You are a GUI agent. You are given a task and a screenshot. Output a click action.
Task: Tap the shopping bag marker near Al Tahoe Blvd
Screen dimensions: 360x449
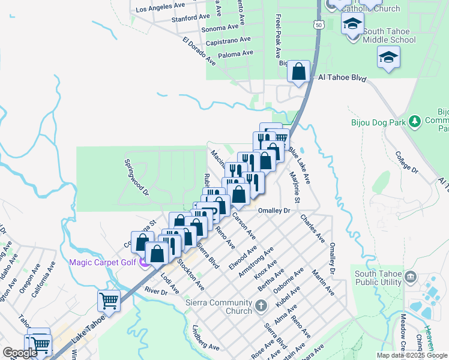click(x=298, y=73)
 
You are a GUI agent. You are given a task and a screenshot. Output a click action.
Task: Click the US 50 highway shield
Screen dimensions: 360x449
click(x=319, y=24)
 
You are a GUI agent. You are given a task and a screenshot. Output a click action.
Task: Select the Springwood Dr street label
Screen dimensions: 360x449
click(x=136, y=177)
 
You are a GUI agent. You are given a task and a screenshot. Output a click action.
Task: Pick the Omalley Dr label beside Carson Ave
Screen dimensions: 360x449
click(x=274, y=211)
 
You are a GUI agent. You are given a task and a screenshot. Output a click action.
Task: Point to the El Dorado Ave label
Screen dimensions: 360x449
click(x=199, y=51)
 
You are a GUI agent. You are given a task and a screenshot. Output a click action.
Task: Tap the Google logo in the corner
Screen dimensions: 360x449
click(x=20, y=353)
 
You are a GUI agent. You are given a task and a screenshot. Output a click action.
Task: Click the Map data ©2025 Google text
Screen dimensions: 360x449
click(x=412, y=355)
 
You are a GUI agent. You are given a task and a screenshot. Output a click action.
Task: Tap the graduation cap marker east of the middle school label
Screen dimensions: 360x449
click(x=388, y=58)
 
